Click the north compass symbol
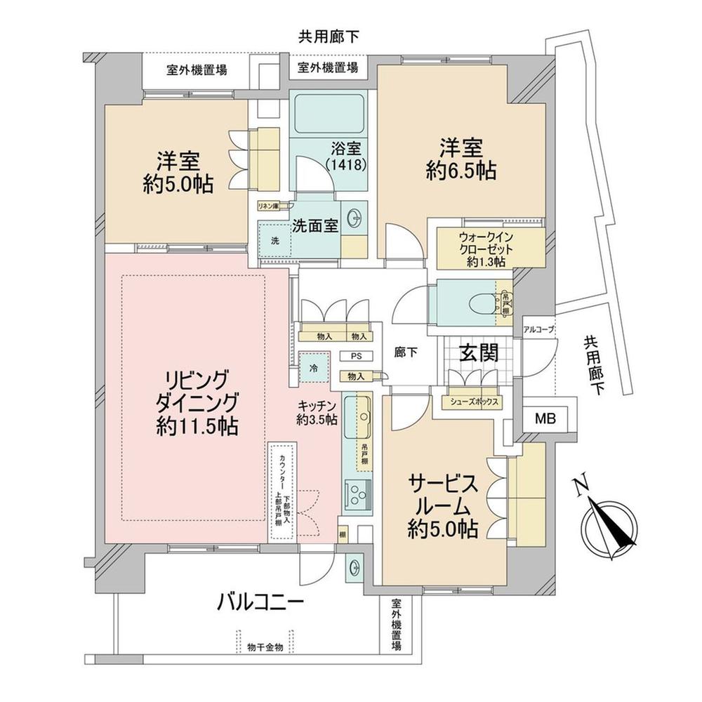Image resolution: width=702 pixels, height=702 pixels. pos(607,522)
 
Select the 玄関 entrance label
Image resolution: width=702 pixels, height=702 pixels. pos(479,353)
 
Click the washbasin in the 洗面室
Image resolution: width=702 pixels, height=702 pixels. pos(354,219)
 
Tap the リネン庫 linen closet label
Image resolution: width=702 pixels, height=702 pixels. pos(267,206)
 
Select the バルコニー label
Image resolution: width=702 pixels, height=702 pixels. pos(260,601)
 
